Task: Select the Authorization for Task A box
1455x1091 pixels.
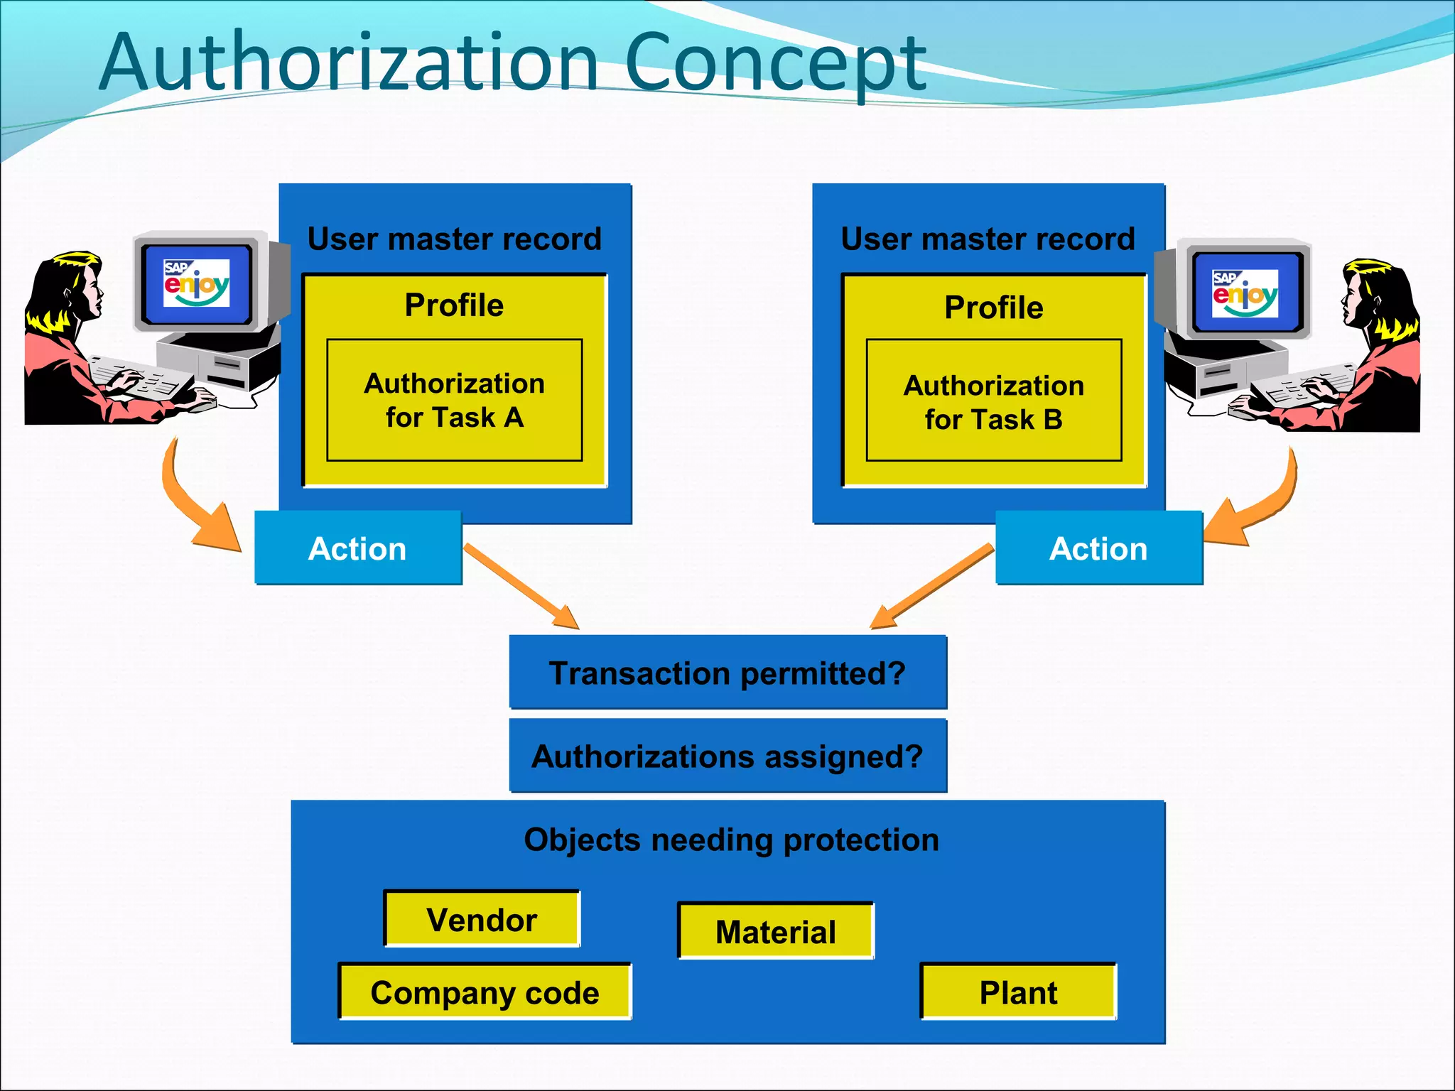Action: pyautogui.click(x=455, y=400)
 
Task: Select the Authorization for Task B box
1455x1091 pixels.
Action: pyautogui.click(x=993, y=401)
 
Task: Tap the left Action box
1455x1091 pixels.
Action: pyautogui.click(x=358, y=548)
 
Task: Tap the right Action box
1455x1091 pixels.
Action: pyautogui.click(x=1098, y=548)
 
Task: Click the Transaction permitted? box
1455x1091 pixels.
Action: pyautogui.click(x=727, y=673)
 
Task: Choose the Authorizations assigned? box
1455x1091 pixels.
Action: pyautogui.click(x=727, y=756)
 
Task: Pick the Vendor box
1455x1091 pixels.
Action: pyautogui.click(x=482, y=919)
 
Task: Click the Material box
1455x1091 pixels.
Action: pyautogui.click(x=776, y=931)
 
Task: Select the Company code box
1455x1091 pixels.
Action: pyautogui.click(x=485, y=992)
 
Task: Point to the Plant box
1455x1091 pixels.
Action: pyautogui.click(x=1018, y=992)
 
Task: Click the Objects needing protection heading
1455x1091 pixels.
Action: pyautogui.click(x=731, y=840)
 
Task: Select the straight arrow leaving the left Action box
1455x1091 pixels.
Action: pyautogui.click(x=522, y=587)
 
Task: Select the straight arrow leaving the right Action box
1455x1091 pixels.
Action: pyautogui.click(x=931, y=586)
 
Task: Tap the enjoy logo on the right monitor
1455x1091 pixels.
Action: pyautogui.click(x=1245, y=293)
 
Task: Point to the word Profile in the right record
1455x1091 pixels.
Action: pyautogui.click(x=993, y=308)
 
